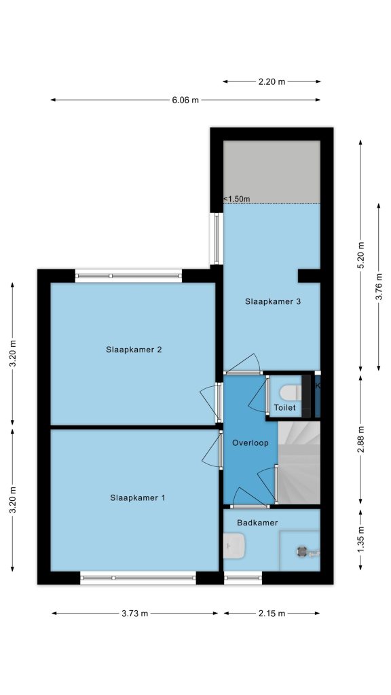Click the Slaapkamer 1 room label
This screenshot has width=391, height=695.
point(137,497)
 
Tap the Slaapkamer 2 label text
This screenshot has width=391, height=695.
point(134,350)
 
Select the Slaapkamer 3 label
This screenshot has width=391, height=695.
point(273,301)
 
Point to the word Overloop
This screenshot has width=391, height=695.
point(250,443)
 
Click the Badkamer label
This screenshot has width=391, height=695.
point(257,523)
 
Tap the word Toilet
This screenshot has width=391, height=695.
point(284,408)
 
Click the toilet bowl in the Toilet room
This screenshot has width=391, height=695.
point(291,392)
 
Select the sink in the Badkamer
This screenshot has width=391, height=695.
point(234,545)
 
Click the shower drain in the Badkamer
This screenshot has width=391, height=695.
point(301,551)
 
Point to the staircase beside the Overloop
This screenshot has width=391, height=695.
point(299,463)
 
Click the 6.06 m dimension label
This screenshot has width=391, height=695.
point(185,100)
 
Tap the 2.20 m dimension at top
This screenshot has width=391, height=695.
point(272,81)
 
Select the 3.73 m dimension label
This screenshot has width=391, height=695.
point(135,614)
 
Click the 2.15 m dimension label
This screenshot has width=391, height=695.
point(272,614)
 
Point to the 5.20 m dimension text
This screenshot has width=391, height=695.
point(360,255)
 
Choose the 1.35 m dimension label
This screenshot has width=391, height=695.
point(360,540)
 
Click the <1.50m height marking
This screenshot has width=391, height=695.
point(237,199)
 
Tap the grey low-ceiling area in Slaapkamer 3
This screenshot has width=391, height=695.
point(272,172)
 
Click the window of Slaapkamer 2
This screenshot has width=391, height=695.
point(128,276)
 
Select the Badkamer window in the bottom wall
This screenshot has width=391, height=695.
point(242,578)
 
